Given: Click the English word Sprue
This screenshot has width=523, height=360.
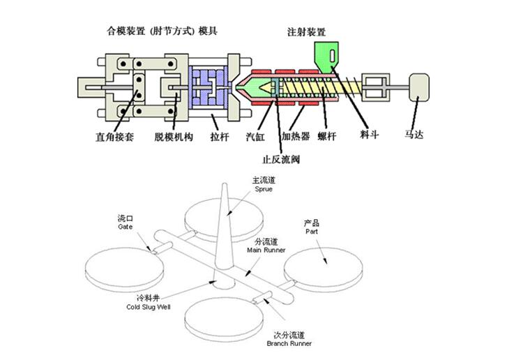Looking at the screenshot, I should [x=262, y=188].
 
